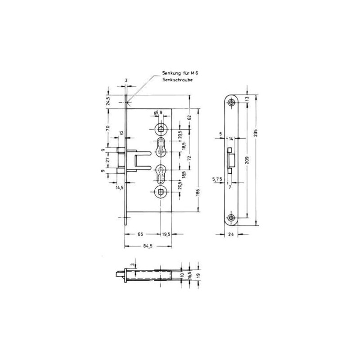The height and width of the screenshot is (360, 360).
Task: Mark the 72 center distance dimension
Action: point(189,160)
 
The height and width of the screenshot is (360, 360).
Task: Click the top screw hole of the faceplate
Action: point(231,103)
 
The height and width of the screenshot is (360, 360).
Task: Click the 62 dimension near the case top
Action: point(189,117)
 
